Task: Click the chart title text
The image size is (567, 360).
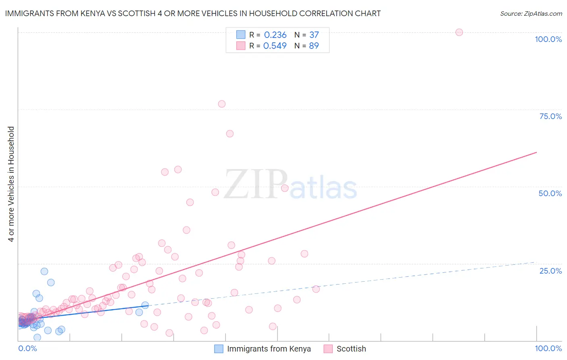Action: pyautogui.click(x=193, y=14)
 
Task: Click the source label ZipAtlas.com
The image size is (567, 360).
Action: pyautogui.click(x=531, y=14)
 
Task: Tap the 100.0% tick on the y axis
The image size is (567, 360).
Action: pyautogui.click(x=548, y=39)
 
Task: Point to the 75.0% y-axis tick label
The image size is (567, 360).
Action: pyautogui.click(x=550, y=116)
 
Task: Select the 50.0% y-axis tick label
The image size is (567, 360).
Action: pyautogui.click(x=550, y=193)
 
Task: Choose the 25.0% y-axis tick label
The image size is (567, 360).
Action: pyautogui.click(x=550, y=271)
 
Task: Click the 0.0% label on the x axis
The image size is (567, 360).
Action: pyautogui.click(x=27, y=348)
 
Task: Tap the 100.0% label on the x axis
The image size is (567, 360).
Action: pyautogui.click(x=548, y=348)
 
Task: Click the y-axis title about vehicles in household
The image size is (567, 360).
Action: pyautogui.click(x=11, y=184)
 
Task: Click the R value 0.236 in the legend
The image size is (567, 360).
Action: pyautogui.click(x=275, y=35)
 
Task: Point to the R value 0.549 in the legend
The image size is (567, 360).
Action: pyautogui.click(x=275, y=46)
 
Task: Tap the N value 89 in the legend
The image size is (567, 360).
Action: pyautogui.click(x=314, y=46)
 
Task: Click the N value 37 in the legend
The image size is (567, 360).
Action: pyautogui.click(x=314, y=35)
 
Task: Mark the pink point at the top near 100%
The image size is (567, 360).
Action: pyautogui.click(x=459, y=32)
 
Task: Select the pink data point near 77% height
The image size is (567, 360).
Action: pyautogui.click(x=221, y=104)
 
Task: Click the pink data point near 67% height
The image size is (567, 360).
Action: pyautogui.click(x=230, y=134)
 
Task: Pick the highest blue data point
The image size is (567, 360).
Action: pyautogui.click(x=44, y=271)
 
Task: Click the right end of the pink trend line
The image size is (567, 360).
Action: pyautogui.click(x=536, y=153)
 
